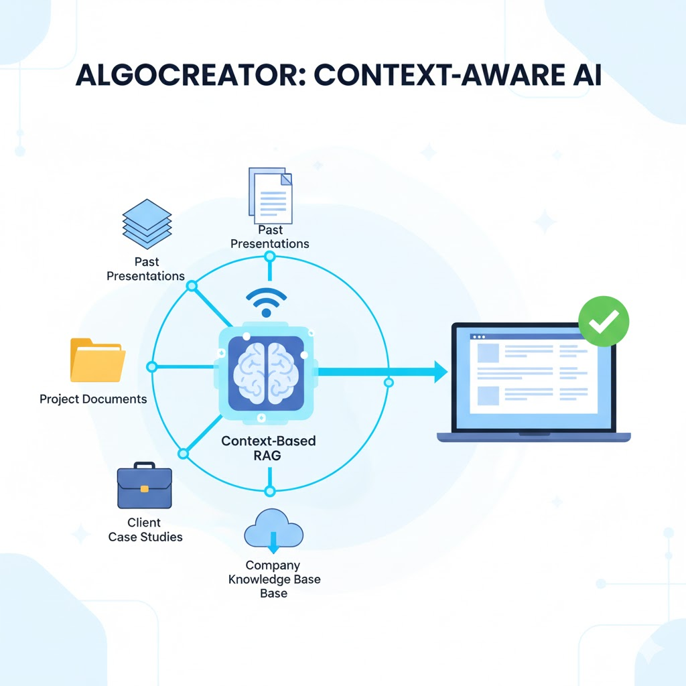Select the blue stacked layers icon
tap(147, 224)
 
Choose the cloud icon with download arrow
tap(273, 529)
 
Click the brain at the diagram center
tap(267, 374)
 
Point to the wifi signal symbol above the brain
tap(266, 302)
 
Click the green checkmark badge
tap(603, 322)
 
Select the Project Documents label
tap(93, 399)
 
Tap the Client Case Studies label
tap(145, 529)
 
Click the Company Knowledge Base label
tap(274, 579)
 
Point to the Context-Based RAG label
tap(268, 449)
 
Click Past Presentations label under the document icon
tap(270, 237)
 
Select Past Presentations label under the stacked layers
tap(145, 269)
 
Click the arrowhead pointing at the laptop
tap(439, 371)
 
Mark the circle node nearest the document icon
tap(270, 257)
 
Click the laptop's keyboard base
tap(534, 437)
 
